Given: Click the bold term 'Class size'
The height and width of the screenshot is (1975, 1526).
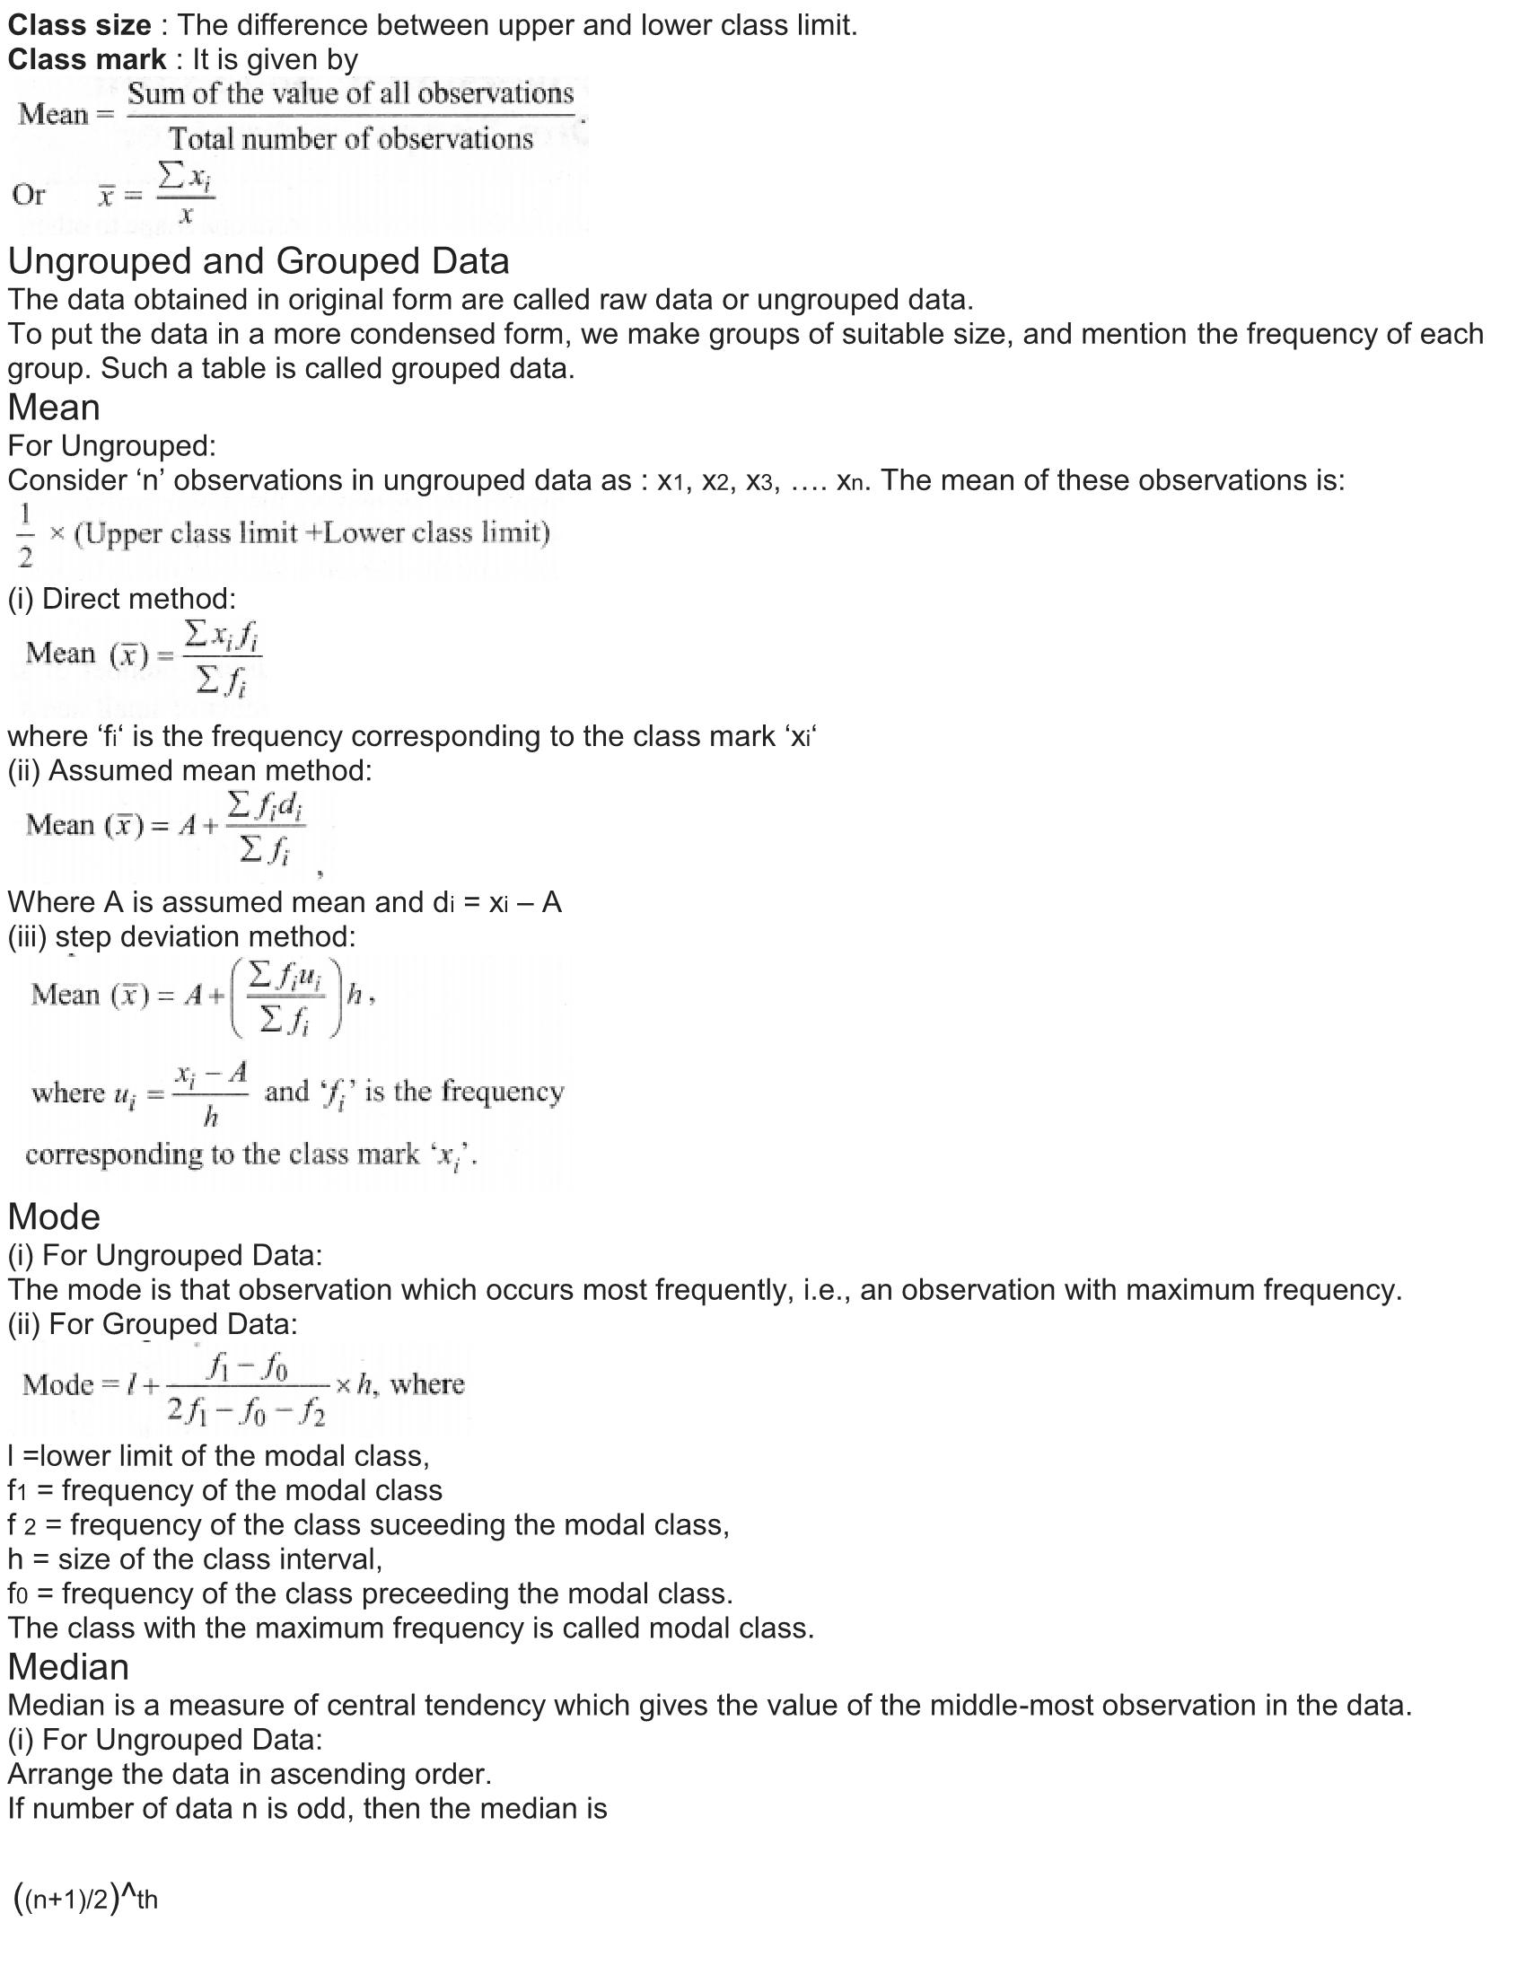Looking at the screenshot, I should tap(79, 25).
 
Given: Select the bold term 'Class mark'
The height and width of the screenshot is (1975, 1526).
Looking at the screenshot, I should tap(87, 59).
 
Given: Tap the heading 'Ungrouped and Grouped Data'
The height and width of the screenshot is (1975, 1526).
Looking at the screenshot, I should tap(259, 261).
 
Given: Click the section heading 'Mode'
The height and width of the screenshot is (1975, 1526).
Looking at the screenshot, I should tap(53, 1217).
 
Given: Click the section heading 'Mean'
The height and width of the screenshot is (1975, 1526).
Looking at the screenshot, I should tap(53, 408).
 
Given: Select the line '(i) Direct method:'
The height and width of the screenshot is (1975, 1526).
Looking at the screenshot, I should tap(121, 599).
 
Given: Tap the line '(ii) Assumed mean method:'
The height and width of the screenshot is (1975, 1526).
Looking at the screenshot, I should tap(189, 770).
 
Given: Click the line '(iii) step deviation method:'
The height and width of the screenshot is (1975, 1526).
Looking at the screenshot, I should tap(181, 937).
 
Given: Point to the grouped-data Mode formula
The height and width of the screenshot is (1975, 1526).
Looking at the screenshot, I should tap(242, 1384).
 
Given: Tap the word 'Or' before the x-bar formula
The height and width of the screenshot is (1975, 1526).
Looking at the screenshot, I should tap(28, 195).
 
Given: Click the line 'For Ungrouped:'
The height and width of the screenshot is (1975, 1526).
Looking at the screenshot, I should tap(112, 446).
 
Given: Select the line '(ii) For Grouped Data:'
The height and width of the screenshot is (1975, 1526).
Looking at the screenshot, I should tap(153, 1324).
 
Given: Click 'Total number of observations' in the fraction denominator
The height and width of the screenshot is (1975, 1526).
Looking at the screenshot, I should tap(351, 138).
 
